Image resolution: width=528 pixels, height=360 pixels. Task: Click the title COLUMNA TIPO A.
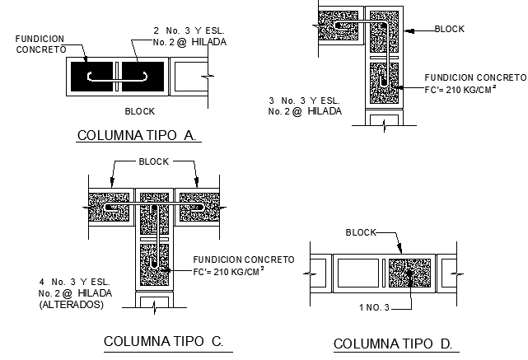(138, 135)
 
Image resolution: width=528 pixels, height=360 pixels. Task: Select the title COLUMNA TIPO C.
(163, 341)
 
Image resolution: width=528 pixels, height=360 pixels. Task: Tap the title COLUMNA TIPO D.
(395, 344)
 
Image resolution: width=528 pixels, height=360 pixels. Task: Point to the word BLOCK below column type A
(139, 111)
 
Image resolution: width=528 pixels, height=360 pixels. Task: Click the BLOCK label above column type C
(154, 161)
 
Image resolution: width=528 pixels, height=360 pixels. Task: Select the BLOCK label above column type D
(362, 233)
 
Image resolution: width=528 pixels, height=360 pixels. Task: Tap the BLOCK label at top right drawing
(450, 29)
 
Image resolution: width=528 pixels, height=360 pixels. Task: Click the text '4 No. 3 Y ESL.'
(72, 281)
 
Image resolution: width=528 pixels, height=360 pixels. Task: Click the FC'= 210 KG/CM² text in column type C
(228, 271)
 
